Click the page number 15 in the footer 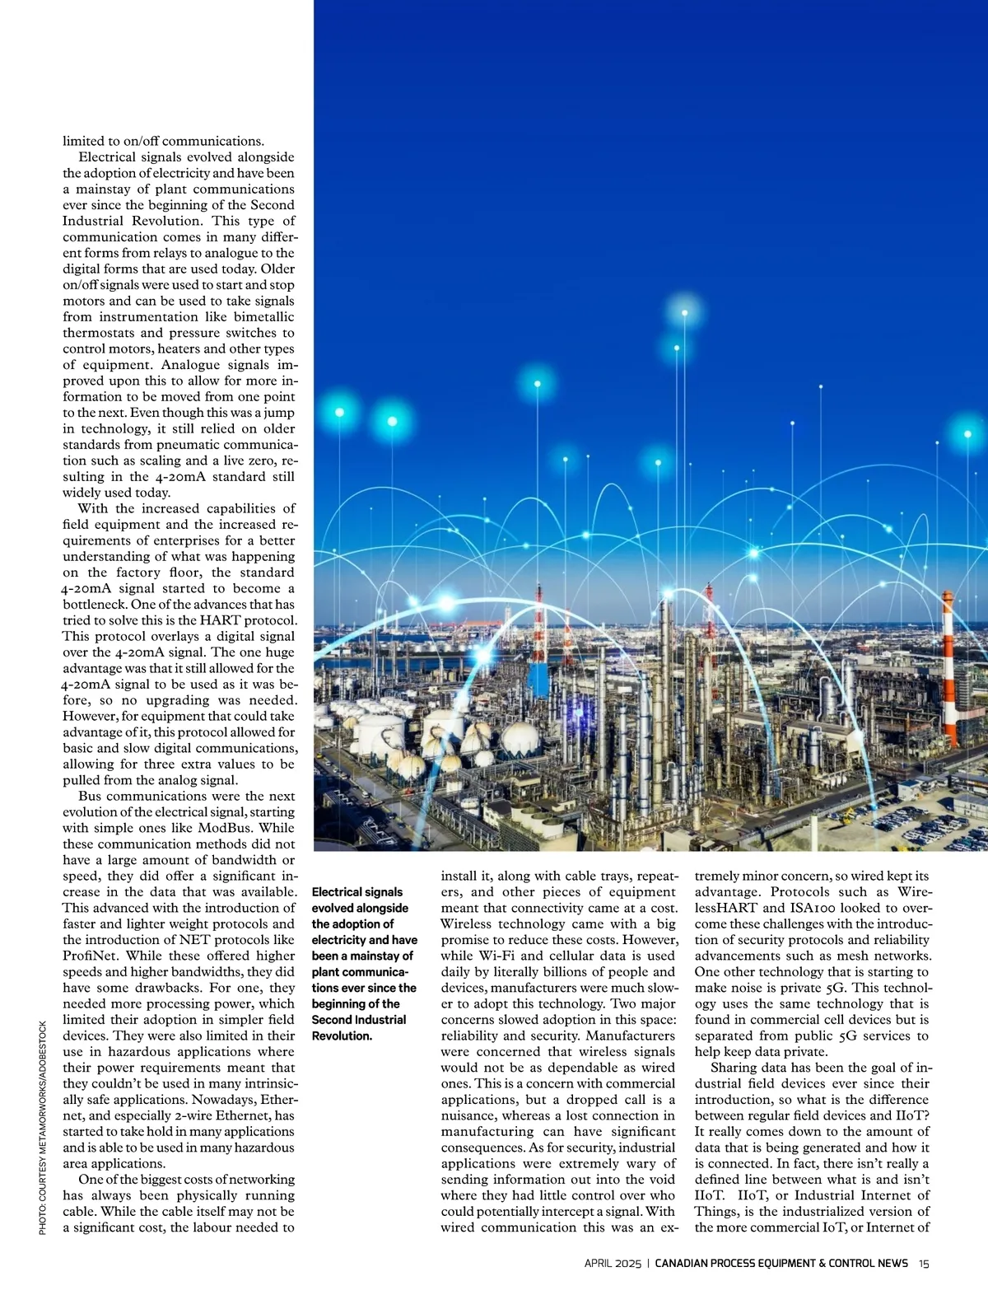pyautogui.click(x=925, y=1264)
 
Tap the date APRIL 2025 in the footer pyautogui.click(x=613, y=1264)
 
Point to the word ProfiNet pyautogui.click(x=89, y=956)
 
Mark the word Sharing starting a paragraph pyautogui.click(x=733, y=1068)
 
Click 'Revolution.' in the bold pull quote pyautogui.click(x=342, y=1036)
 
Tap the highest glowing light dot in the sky pyautogui.click(x=683, y=314)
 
